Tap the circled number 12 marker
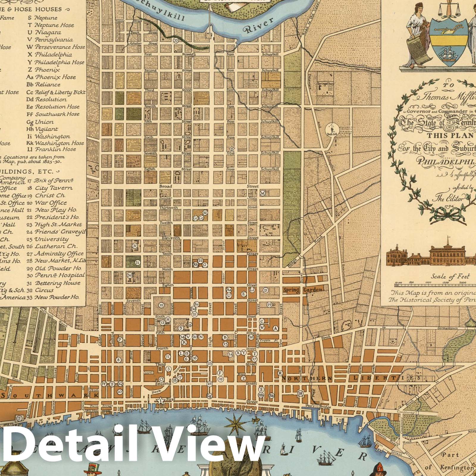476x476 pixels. point(161,305)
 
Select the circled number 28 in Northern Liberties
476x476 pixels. point(300,394)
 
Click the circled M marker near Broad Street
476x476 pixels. point(262,193)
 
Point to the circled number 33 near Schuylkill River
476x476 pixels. point(176,40)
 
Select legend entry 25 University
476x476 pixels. point(51,239)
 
